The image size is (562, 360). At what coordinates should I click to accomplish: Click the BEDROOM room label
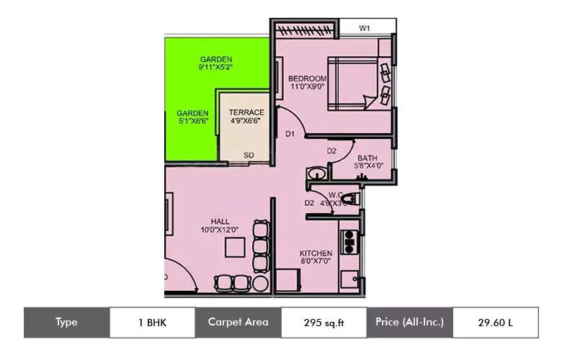pos(308,78)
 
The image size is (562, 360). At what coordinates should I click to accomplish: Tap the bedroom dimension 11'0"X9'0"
pos(308,87)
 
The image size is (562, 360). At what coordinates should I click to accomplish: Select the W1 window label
pos(365,29)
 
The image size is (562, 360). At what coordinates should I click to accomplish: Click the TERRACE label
pos(246,112)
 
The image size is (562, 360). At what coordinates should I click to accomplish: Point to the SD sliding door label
pos(249,155)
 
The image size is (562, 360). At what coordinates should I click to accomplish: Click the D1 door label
pos(290,134)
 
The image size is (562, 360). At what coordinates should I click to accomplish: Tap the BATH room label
pos(367,158)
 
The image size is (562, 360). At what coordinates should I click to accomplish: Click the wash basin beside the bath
pos(315,174)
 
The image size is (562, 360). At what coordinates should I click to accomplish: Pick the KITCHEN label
pos(316,253)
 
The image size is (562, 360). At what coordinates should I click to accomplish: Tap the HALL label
pos(220,221)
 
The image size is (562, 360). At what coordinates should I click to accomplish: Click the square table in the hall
pos(235,247)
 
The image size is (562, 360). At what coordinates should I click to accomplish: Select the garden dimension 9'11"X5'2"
pos(215,67)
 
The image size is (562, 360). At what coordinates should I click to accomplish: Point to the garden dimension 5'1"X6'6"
pos(193,122)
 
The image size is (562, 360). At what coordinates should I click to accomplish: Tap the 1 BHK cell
pos(152,323)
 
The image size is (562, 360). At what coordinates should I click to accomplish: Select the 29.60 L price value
pos(495,323)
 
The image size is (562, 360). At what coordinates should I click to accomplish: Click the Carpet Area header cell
pos(238,323)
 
